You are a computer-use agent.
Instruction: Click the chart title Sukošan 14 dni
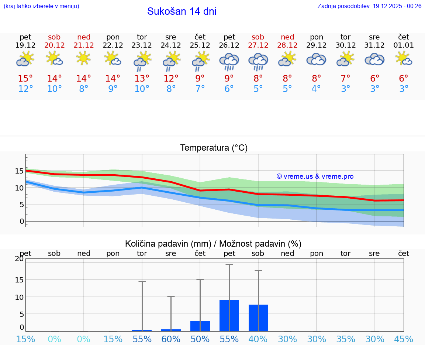182,11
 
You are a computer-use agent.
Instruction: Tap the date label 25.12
200,45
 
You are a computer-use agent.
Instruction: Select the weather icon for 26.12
229,61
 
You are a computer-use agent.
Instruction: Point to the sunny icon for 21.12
84,58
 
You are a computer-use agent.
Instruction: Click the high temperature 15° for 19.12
25,78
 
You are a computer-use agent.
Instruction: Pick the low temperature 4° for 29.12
316,89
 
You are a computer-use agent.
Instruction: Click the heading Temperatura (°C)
214,148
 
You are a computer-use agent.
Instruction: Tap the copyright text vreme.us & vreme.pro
315,176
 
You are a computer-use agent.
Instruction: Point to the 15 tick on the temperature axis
20,171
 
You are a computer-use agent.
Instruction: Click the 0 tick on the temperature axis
22,221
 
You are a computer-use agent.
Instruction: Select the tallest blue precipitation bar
229,315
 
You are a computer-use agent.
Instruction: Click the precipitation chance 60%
171,339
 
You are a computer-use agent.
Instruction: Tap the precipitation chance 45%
404,339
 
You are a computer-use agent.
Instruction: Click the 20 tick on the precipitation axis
20,259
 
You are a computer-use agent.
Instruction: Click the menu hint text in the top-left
41,6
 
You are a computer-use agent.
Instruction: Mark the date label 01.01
404,45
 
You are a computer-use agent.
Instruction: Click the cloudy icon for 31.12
374,59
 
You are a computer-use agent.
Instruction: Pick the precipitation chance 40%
258,339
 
